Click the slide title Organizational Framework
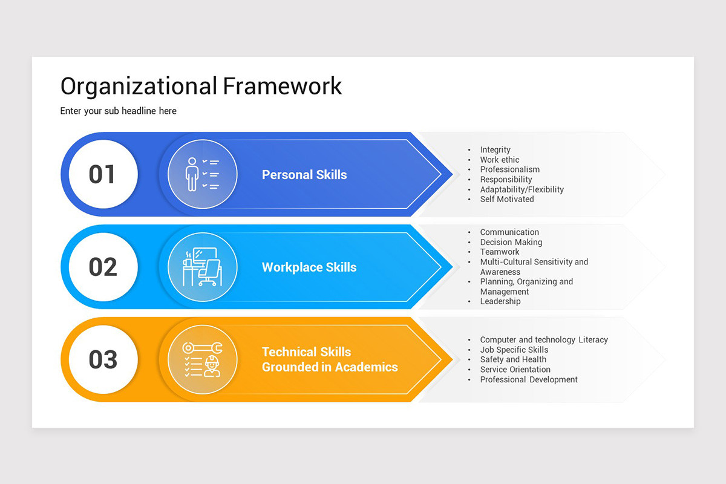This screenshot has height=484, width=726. (x=201, y=86)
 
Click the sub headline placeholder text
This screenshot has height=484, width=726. (x=119, y=111)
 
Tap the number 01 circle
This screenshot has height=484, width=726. (x=103, y=174)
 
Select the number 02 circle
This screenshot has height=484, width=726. (x=103, y=267)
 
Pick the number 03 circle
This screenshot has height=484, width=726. (x=103, y=359)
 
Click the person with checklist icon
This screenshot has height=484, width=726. (x=203, y=174)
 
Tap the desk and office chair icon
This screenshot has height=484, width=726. (x=203, y=267)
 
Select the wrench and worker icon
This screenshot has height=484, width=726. (x=203, y=359)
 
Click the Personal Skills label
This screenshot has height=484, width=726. (x=304, y=175)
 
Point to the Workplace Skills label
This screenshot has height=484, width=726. (x=309, y=267)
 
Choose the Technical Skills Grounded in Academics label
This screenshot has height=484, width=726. (x=330, y=359)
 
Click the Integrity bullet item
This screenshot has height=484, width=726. (x=495, y=149)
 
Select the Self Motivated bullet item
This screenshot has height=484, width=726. (x=507, y=199)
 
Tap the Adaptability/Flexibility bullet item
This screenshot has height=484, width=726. (x=522, y=189)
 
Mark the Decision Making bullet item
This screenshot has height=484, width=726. (x=511, y=242)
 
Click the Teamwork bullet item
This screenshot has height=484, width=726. (x=500, y=252)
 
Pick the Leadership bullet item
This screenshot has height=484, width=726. (x=500, y=301)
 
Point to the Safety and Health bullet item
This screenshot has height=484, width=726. (x=513, y=359)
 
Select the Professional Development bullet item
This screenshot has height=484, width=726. (x=529, y=379)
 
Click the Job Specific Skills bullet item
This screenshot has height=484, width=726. (x=514, y=350)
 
